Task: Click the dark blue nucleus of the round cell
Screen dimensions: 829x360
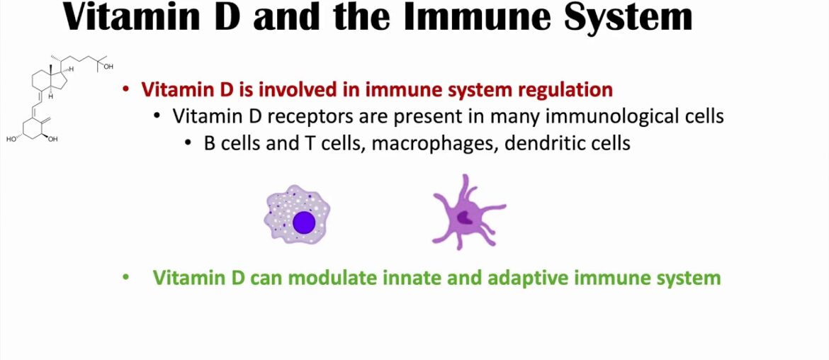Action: click(x=304, y=222)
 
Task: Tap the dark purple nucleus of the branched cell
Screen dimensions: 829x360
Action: click(x=466, y=218)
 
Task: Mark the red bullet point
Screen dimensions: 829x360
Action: click(x=125, y=91)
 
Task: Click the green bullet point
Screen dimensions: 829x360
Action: click(x=125, y=278)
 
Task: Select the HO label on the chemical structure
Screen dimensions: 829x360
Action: click(x=11, y=140)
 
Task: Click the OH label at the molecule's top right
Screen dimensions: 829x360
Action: click(x=108, y=67)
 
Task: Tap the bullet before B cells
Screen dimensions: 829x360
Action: click(x=188, y=144)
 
